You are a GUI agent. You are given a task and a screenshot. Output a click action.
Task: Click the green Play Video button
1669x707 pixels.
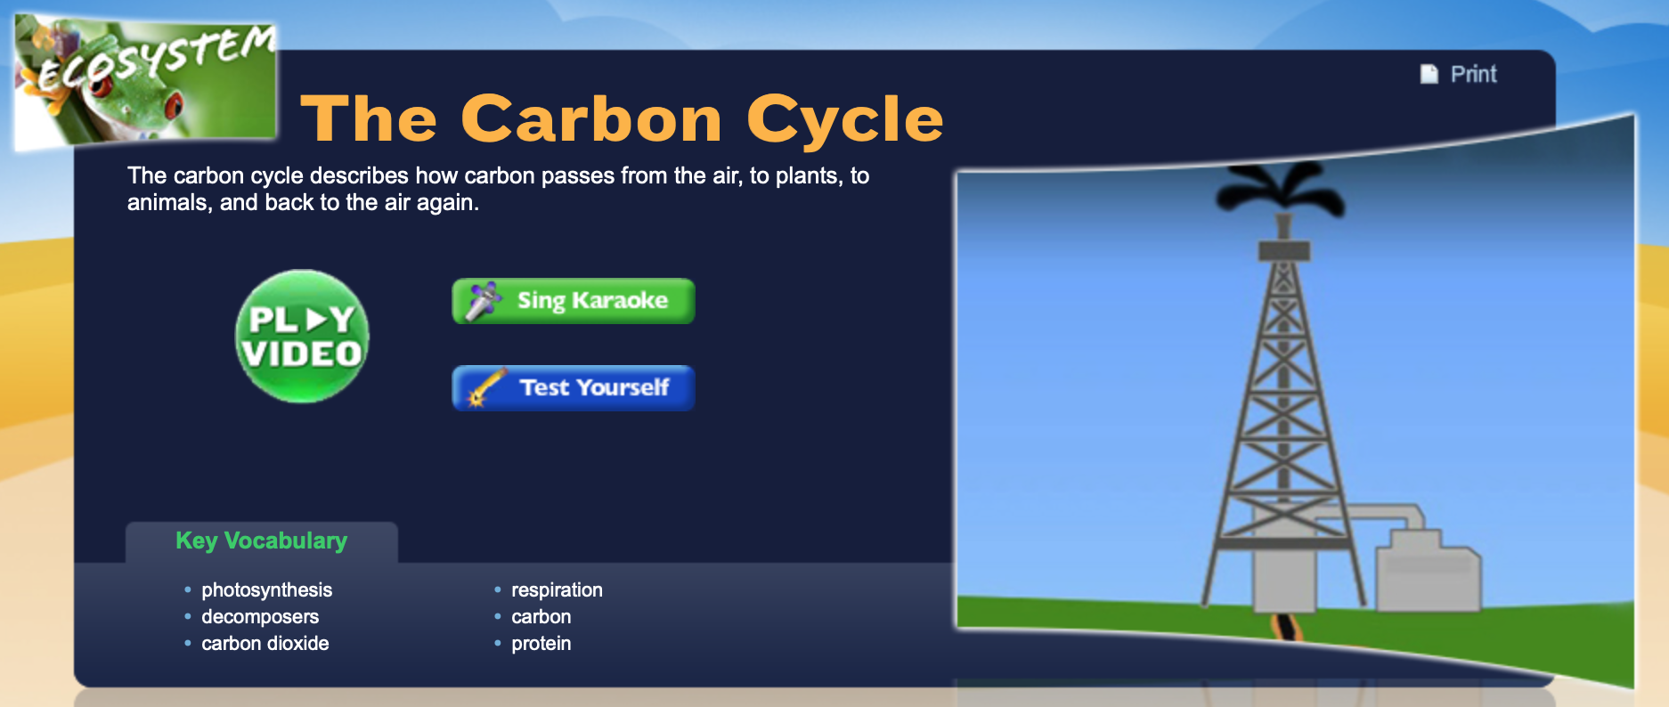302,337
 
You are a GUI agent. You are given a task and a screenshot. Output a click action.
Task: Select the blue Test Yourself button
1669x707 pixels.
574,388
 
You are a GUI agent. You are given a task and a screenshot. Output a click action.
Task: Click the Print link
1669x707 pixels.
1473,74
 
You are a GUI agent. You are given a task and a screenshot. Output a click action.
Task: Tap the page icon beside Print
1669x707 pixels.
1429,74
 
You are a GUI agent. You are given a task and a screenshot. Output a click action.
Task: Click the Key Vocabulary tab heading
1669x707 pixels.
261,540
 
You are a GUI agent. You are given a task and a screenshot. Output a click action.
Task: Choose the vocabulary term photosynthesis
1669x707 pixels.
266,589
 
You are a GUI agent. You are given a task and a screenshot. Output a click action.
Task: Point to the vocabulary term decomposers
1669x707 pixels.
259,616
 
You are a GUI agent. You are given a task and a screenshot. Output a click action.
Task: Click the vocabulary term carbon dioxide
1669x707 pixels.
265,643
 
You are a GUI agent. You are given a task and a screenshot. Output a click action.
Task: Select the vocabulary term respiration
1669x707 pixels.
557,589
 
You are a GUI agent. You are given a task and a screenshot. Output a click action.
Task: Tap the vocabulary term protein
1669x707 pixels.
541,643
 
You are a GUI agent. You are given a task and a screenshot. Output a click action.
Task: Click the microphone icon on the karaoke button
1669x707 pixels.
483,301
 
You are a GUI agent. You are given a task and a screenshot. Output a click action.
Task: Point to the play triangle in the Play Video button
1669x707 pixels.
315,319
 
